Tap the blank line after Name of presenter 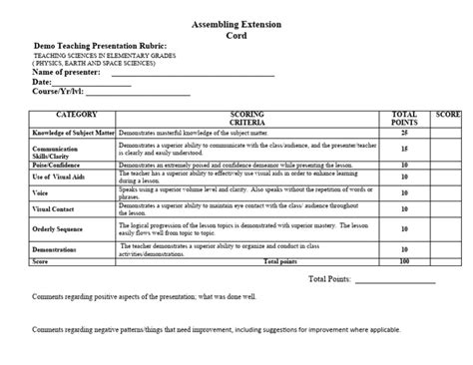tap(192, 75)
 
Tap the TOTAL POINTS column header tap(404, 119)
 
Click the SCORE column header tap(447, 116)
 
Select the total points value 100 tap(404, 261)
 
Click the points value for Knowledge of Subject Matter tap(404, 132)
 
